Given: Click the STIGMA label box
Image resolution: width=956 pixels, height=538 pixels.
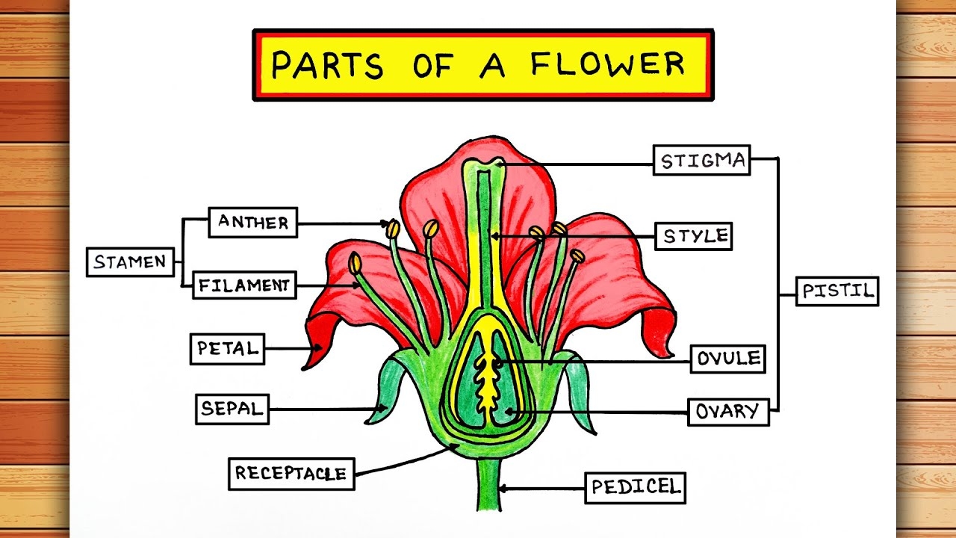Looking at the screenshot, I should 701,161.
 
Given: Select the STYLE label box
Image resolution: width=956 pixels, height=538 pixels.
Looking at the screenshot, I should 694,236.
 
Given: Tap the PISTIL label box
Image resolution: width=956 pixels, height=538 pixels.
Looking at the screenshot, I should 836,291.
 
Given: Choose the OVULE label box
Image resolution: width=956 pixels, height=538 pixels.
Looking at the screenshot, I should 728,359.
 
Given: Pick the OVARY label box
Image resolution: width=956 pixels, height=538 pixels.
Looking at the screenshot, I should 727,411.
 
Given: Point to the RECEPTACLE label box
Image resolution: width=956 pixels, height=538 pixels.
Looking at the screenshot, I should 291,473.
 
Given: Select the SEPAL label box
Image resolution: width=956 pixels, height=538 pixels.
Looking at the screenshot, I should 232,409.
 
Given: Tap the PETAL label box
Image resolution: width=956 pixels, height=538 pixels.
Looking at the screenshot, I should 227,348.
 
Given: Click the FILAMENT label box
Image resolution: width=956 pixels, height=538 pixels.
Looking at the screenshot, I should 244,285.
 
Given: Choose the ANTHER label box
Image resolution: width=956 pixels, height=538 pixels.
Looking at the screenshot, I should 252,223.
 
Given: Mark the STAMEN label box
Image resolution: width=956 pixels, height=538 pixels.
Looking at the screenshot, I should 130,262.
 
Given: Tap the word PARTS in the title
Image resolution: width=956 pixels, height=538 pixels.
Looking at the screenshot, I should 327,66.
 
